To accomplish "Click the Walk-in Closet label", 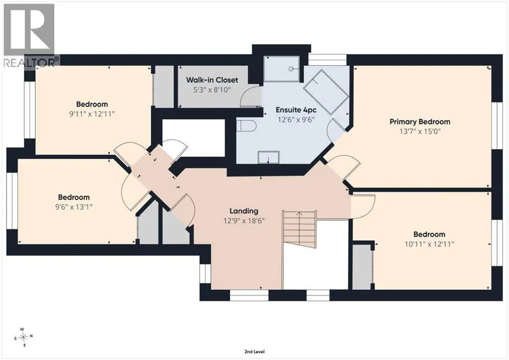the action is (x=212, y=80).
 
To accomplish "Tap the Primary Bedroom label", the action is (x=420, y=122).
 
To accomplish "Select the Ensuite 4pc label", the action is (x=296, y=110).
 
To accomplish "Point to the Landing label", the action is (x=244, y=211).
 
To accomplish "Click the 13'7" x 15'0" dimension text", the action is (x=420, y=131).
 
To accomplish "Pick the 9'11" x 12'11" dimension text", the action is (x=92, y=114).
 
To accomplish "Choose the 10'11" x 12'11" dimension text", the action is (x=429, y=244).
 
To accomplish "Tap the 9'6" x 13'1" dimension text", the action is (x=74, y=207).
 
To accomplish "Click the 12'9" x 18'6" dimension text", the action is (x=244, y=221).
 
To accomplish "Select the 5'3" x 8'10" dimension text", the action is (x=212, y=90).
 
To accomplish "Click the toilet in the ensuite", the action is (x=246, y=126).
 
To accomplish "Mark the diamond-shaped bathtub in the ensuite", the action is (x=326, y=91).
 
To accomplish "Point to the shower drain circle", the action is (x=291, y=69).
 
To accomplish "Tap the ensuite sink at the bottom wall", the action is (x=268, y=158).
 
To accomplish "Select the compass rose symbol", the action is (x=23, y=337).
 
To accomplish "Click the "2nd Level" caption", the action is (x=254, y=352).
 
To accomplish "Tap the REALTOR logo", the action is (x=30, y=35).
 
